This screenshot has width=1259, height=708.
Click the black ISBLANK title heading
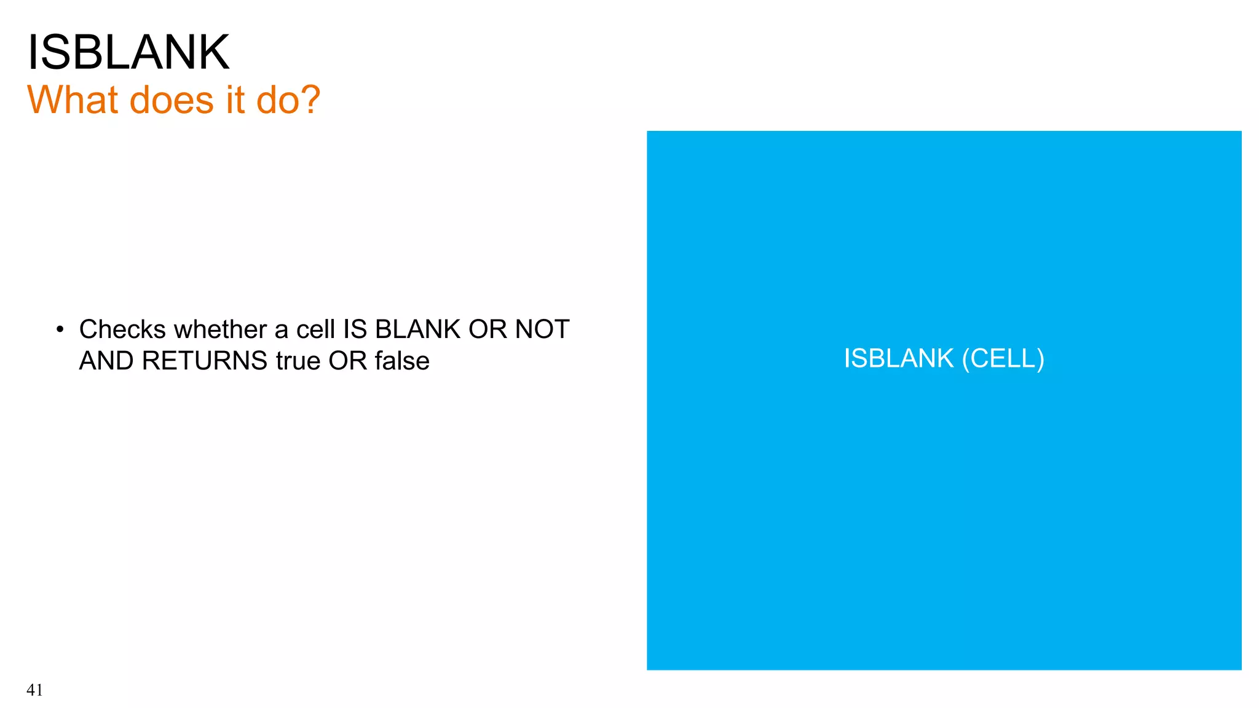(x=128, y=53)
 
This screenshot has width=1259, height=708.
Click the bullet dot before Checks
(x=60, y=330)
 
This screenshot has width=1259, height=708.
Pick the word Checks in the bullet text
(x=122, y=329)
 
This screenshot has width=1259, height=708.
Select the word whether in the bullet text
(x=220, y=329)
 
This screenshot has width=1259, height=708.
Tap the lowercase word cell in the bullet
(x=316, y=329)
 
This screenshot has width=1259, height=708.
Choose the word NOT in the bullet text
(x=542, y=329)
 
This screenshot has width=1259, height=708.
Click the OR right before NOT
(x=487, y=329)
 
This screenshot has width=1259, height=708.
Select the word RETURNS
(x=204, y=361)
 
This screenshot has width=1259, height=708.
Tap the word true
(x=298, y=361)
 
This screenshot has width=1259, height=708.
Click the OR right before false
(x=347, y=361)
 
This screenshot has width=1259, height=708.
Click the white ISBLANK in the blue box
(x=898, y=358)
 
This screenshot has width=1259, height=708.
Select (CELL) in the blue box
(x=1003, y=358)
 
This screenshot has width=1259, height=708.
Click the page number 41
(x=34, y=690)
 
